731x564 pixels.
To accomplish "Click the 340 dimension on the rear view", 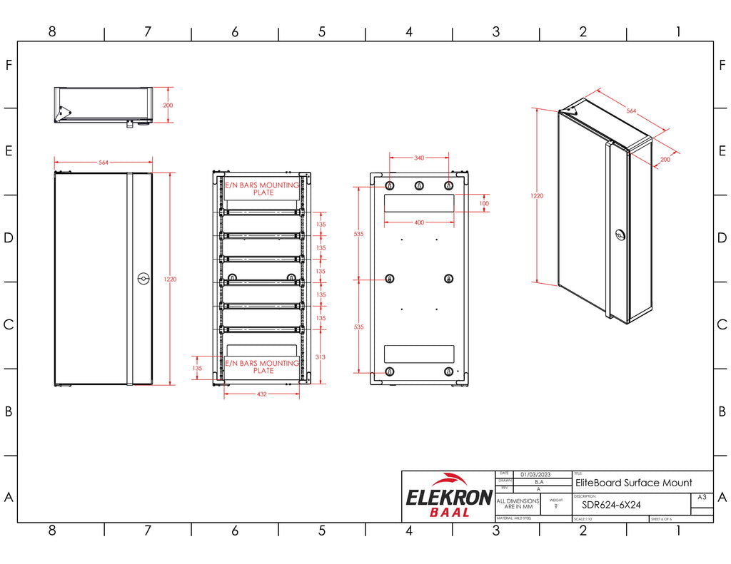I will coord(419,158).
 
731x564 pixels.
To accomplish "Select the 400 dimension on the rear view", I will coord(419,222).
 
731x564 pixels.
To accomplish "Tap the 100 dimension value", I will coord(485,203).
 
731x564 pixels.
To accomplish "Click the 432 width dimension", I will coord(262,394).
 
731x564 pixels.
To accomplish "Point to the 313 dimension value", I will coord(321,357).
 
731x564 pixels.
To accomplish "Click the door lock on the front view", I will coord(142,280).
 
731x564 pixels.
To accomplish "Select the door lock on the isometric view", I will coord(620,235).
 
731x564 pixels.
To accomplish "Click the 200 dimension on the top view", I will coord(168,105).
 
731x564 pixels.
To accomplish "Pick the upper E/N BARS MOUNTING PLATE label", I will coord(263,188).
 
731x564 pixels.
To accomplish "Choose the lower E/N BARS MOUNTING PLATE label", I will coord(263,366).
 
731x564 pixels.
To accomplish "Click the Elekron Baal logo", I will coord(448,496).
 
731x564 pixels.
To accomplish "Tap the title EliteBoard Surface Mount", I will coord(633,483).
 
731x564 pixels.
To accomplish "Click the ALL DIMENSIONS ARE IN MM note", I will coord(518,503).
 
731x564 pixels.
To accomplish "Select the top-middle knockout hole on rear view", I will coord(419,186).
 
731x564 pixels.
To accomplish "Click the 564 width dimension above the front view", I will coord(104,163).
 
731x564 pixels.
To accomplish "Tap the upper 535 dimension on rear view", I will coord(359,234).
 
